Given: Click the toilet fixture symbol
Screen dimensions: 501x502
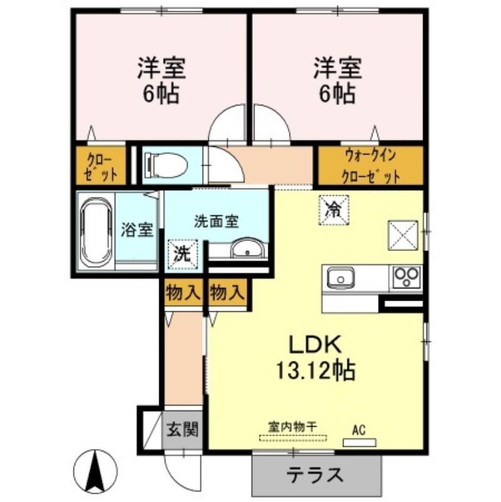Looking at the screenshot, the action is [x=166, y=165].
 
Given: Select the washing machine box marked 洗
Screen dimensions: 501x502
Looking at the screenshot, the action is [x=182, y=254].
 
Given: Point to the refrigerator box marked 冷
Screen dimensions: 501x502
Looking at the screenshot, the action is [x=334, y=210].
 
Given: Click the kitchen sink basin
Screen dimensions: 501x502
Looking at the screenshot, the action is [x=340, y=279].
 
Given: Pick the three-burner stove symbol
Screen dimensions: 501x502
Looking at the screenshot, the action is [x=406, y=277].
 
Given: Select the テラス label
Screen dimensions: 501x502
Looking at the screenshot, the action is [x=315, y=475].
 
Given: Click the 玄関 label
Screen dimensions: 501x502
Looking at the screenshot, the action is [x=182, y=429].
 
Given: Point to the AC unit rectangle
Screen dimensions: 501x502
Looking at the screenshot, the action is [x=359, y=442].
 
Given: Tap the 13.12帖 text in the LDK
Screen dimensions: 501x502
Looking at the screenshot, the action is [x=315, y=370].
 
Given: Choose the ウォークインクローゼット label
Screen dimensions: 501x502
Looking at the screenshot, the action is [x=371, y=166].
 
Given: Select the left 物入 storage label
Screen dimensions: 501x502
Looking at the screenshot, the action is [x=183, y=292].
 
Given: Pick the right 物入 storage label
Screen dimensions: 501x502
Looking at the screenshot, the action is [x=227, y=292].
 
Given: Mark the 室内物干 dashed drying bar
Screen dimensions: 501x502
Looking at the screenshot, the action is [x=293, y=438].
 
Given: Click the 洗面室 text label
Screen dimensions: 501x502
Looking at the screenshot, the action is [x=216, y=222].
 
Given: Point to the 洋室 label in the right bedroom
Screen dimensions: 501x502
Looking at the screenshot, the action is [x=338, y=68].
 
